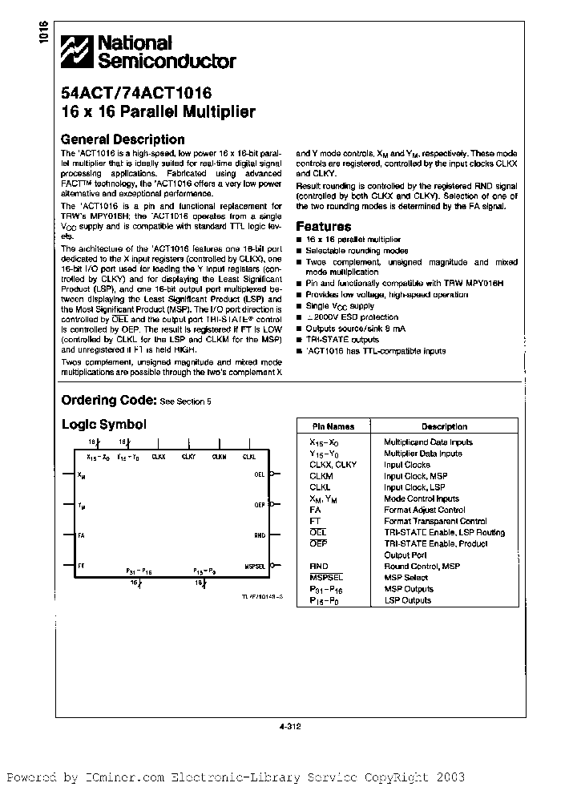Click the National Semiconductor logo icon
click(79, 52)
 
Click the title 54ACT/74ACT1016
click(136, 94)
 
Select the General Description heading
click(123, 139)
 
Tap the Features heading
click(324, 227)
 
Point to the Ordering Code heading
click(108, 400)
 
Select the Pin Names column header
click(332, 426)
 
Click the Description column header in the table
click(444, 426)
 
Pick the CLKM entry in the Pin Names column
click(321, 476)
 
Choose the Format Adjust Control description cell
click(424, 510)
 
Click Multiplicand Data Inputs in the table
click(428, 442)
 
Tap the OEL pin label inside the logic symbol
click(260, 474)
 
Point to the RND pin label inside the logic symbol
click(260, 535)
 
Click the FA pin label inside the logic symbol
click(81, 535)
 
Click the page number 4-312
click(288, 728)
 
